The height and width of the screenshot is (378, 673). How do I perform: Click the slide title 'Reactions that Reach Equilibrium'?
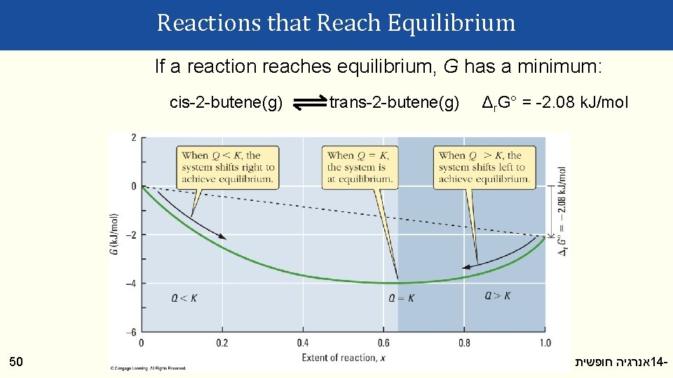[x=336, y=23]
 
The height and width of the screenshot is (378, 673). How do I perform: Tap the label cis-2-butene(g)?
[x=226, y=104]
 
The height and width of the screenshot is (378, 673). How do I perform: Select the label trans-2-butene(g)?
[x=395, y=104]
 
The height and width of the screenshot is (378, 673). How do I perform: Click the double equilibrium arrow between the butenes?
[x=306, y=104]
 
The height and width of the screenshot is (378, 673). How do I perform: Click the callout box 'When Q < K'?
[x=228, y=167]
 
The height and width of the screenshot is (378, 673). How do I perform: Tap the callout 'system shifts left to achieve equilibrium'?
[x=484, y=167]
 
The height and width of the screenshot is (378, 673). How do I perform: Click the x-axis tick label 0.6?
[x=383, y=343]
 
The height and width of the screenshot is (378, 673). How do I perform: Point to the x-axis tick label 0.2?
[x=222, y=343]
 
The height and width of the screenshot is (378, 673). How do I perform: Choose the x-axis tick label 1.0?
[x=544, y=343]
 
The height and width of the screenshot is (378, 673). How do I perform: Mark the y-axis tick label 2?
[x=134, y=138]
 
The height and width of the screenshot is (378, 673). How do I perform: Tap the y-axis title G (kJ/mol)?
[x=115, y=234]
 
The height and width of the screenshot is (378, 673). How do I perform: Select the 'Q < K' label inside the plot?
[x=184, y=297]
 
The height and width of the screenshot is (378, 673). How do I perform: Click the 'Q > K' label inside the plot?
[x=497, y=296]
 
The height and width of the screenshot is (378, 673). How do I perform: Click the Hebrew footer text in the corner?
[x=620, y=362]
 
